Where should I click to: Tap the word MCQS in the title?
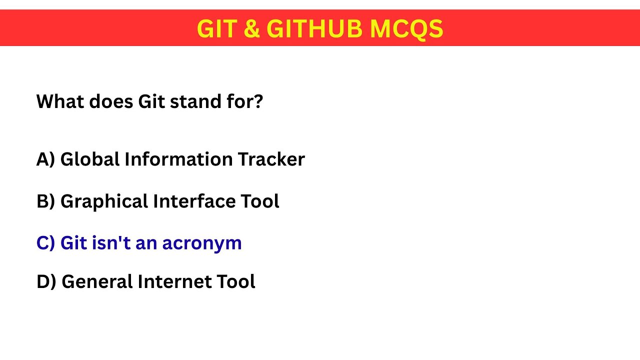tap(406, 29)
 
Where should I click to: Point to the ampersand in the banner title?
tap(251, 29)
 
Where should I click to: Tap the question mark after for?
tap(258, 102)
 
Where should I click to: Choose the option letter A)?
tap(45, 159)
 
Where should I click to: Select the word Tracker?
tap(271, 159)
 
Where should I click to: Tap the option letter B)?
tap(45, 201)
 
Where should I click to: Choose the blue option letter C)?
tap(45, 243)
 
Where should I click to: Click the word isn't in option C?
tap(104, 243)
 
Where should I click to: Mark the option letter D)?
tap(46, 282)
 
